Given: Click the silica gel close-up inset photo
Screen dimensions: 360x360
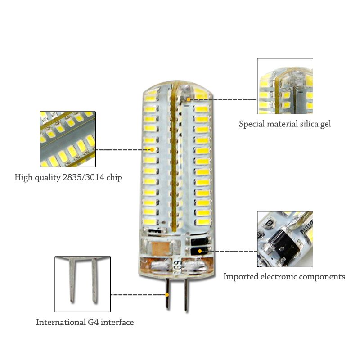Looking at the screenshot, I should [285, 85].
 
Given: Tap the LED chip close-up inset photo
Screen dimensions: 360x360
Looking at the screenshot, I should [68, 139].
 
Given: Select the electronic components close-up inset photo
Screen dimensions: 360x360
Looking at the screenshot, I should [285, 239].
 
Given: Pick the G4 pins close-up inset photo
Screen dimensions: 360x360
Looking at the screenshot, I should [82, 284].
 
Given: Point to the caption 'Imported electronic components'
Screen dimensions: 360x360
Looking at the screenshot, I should [284, 276].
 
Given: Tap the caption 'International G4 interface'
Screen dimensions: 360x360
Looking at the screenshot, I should [85, 322].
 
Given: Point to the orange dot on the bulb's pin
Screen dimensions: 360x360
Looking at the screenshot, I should [167, 295].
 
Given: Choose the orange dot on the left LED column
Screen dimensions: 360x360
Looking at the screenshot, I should [152, 149].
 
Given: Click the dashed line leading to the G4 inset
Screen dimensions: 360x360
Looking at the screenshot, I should [138, 295].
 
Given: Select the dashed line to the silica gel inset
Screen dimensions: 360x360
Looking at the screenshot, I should [222, 99].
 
